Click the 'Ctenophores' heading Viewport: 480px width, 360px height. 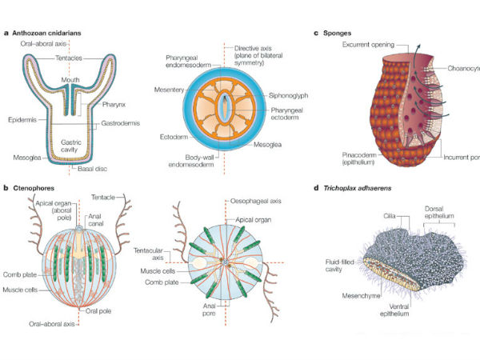(x=34, y=188)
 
